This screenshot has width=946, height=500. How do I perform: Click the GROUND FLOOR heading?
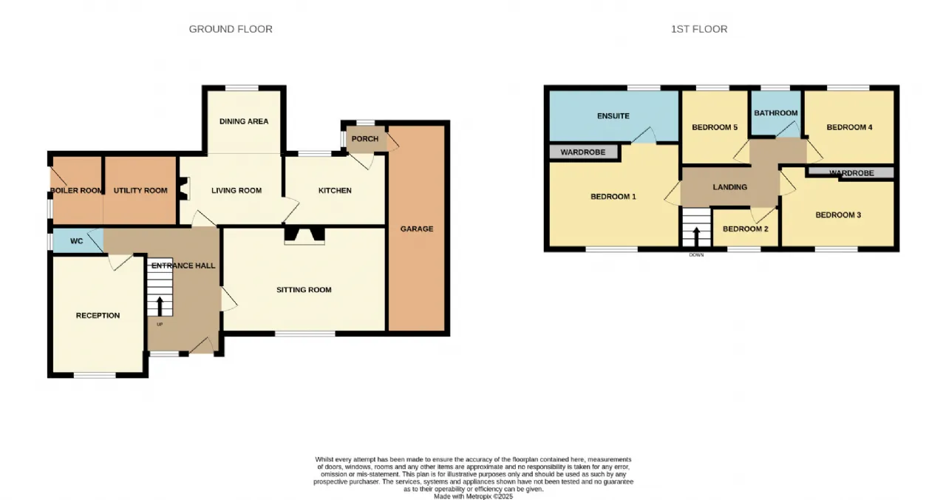point(231,29)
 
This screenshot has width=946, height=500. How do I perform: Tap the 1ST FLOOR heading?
point(699,29)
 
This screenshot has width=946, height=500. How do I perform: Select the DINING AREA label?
point(244,121)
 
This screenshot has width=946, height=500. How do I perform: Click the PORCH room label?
point(365,138)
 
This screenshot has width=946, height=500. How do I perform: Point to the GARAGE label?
point(417,229)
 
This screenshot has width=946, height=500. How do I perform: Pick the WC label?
point(76,241)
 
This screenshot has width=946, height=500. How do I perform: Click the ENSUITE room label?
point(613,116)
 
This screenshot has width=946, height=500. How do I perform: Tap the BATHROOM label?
point(776,113)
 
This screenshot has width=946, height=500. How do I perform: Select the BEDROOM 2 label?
point(746,229)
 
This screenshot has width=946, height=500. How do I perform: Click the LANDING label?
point(729,187)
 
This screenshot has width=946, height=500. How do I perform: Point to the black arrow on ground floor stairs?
point(160,306)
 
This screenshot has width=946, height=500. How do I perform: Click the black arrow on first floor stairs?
point(696,237)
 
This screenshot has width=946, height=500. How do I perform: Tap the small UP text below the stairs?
point(160,325)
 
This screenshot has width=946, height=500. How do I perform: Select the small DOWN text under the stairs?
point(696,255)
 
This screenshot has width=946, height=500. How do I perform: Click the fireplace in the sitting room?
point(304,236)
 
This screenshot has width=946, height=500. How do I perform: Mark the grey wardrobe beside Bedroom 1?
point(583,152)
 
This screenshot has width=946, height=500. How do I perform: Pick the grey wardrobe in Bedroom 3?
point(850,172)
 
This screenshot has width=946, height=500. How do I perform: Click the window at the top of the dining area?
point(242,88)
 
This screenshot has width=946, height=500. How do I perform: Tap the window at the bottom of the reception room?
point(95,375)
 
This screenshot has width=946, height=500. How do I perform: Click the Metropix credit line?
point(474,496)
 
